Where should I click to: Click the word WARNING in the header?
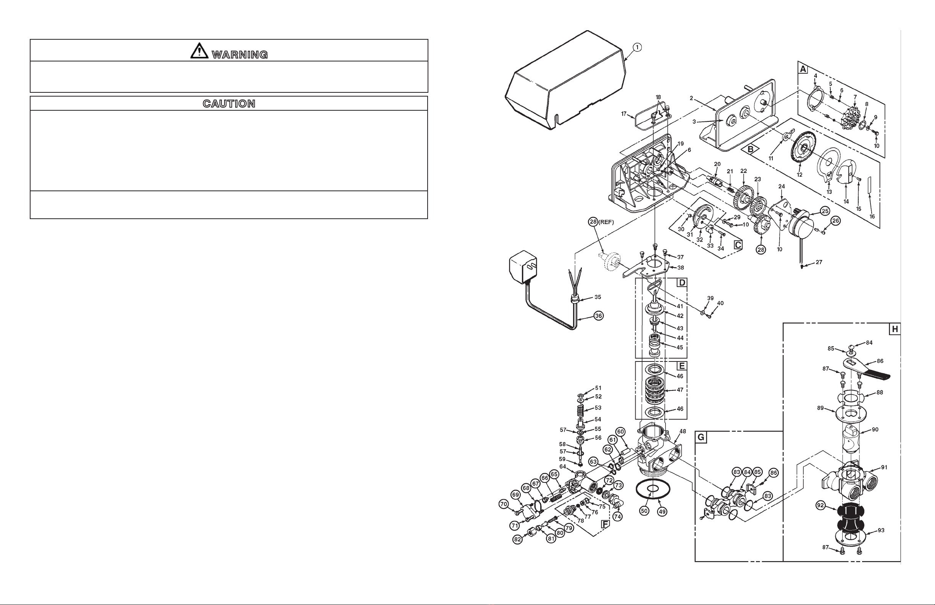[x=240, y=55]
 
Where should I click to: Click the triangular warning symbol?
[x=200, y=51]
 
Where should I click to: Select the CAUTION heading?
[x=229, y=104]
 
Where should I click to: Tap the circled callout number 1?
[x=637, y=47]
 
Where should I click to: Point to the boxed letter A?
[x=803, y=69]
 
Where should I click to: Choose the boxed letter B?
[x=750, y=149]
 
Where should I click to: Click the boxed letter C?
[x=738, y=245]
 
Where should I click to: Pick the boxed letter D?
[x=681, y=282]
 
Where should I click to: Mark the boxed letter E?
[x=681, y=366]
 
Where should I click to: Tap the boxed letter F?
[x=605, y=524]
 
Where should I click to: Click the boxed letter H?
[x=895, y=329]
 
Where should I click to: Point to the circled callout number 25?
[x=825, y=211]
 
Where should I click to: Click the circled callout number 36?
[x=598, y=315]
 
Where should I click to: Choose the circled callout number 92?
[x=820, y=506]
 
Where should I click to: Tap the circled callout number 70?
[x=504, y=504]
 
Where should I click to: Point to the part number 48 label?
[x=683, y=431]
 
